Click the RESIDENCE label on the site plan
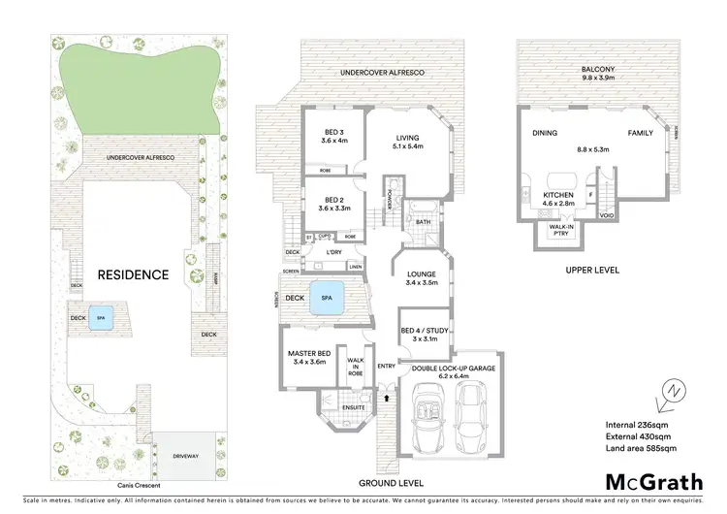click(133, 274)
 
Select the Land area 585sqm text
click(641, 447)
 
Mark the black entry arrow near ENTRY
click(388, 398)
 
